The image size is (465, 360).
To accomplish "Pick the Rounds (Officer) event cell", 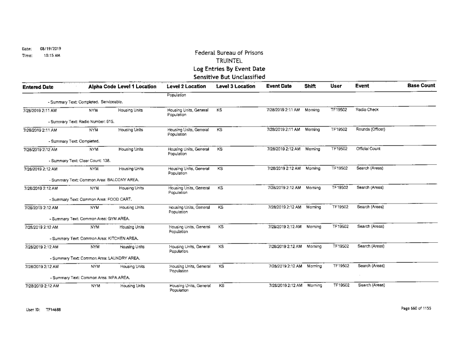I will pos(368,130).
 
